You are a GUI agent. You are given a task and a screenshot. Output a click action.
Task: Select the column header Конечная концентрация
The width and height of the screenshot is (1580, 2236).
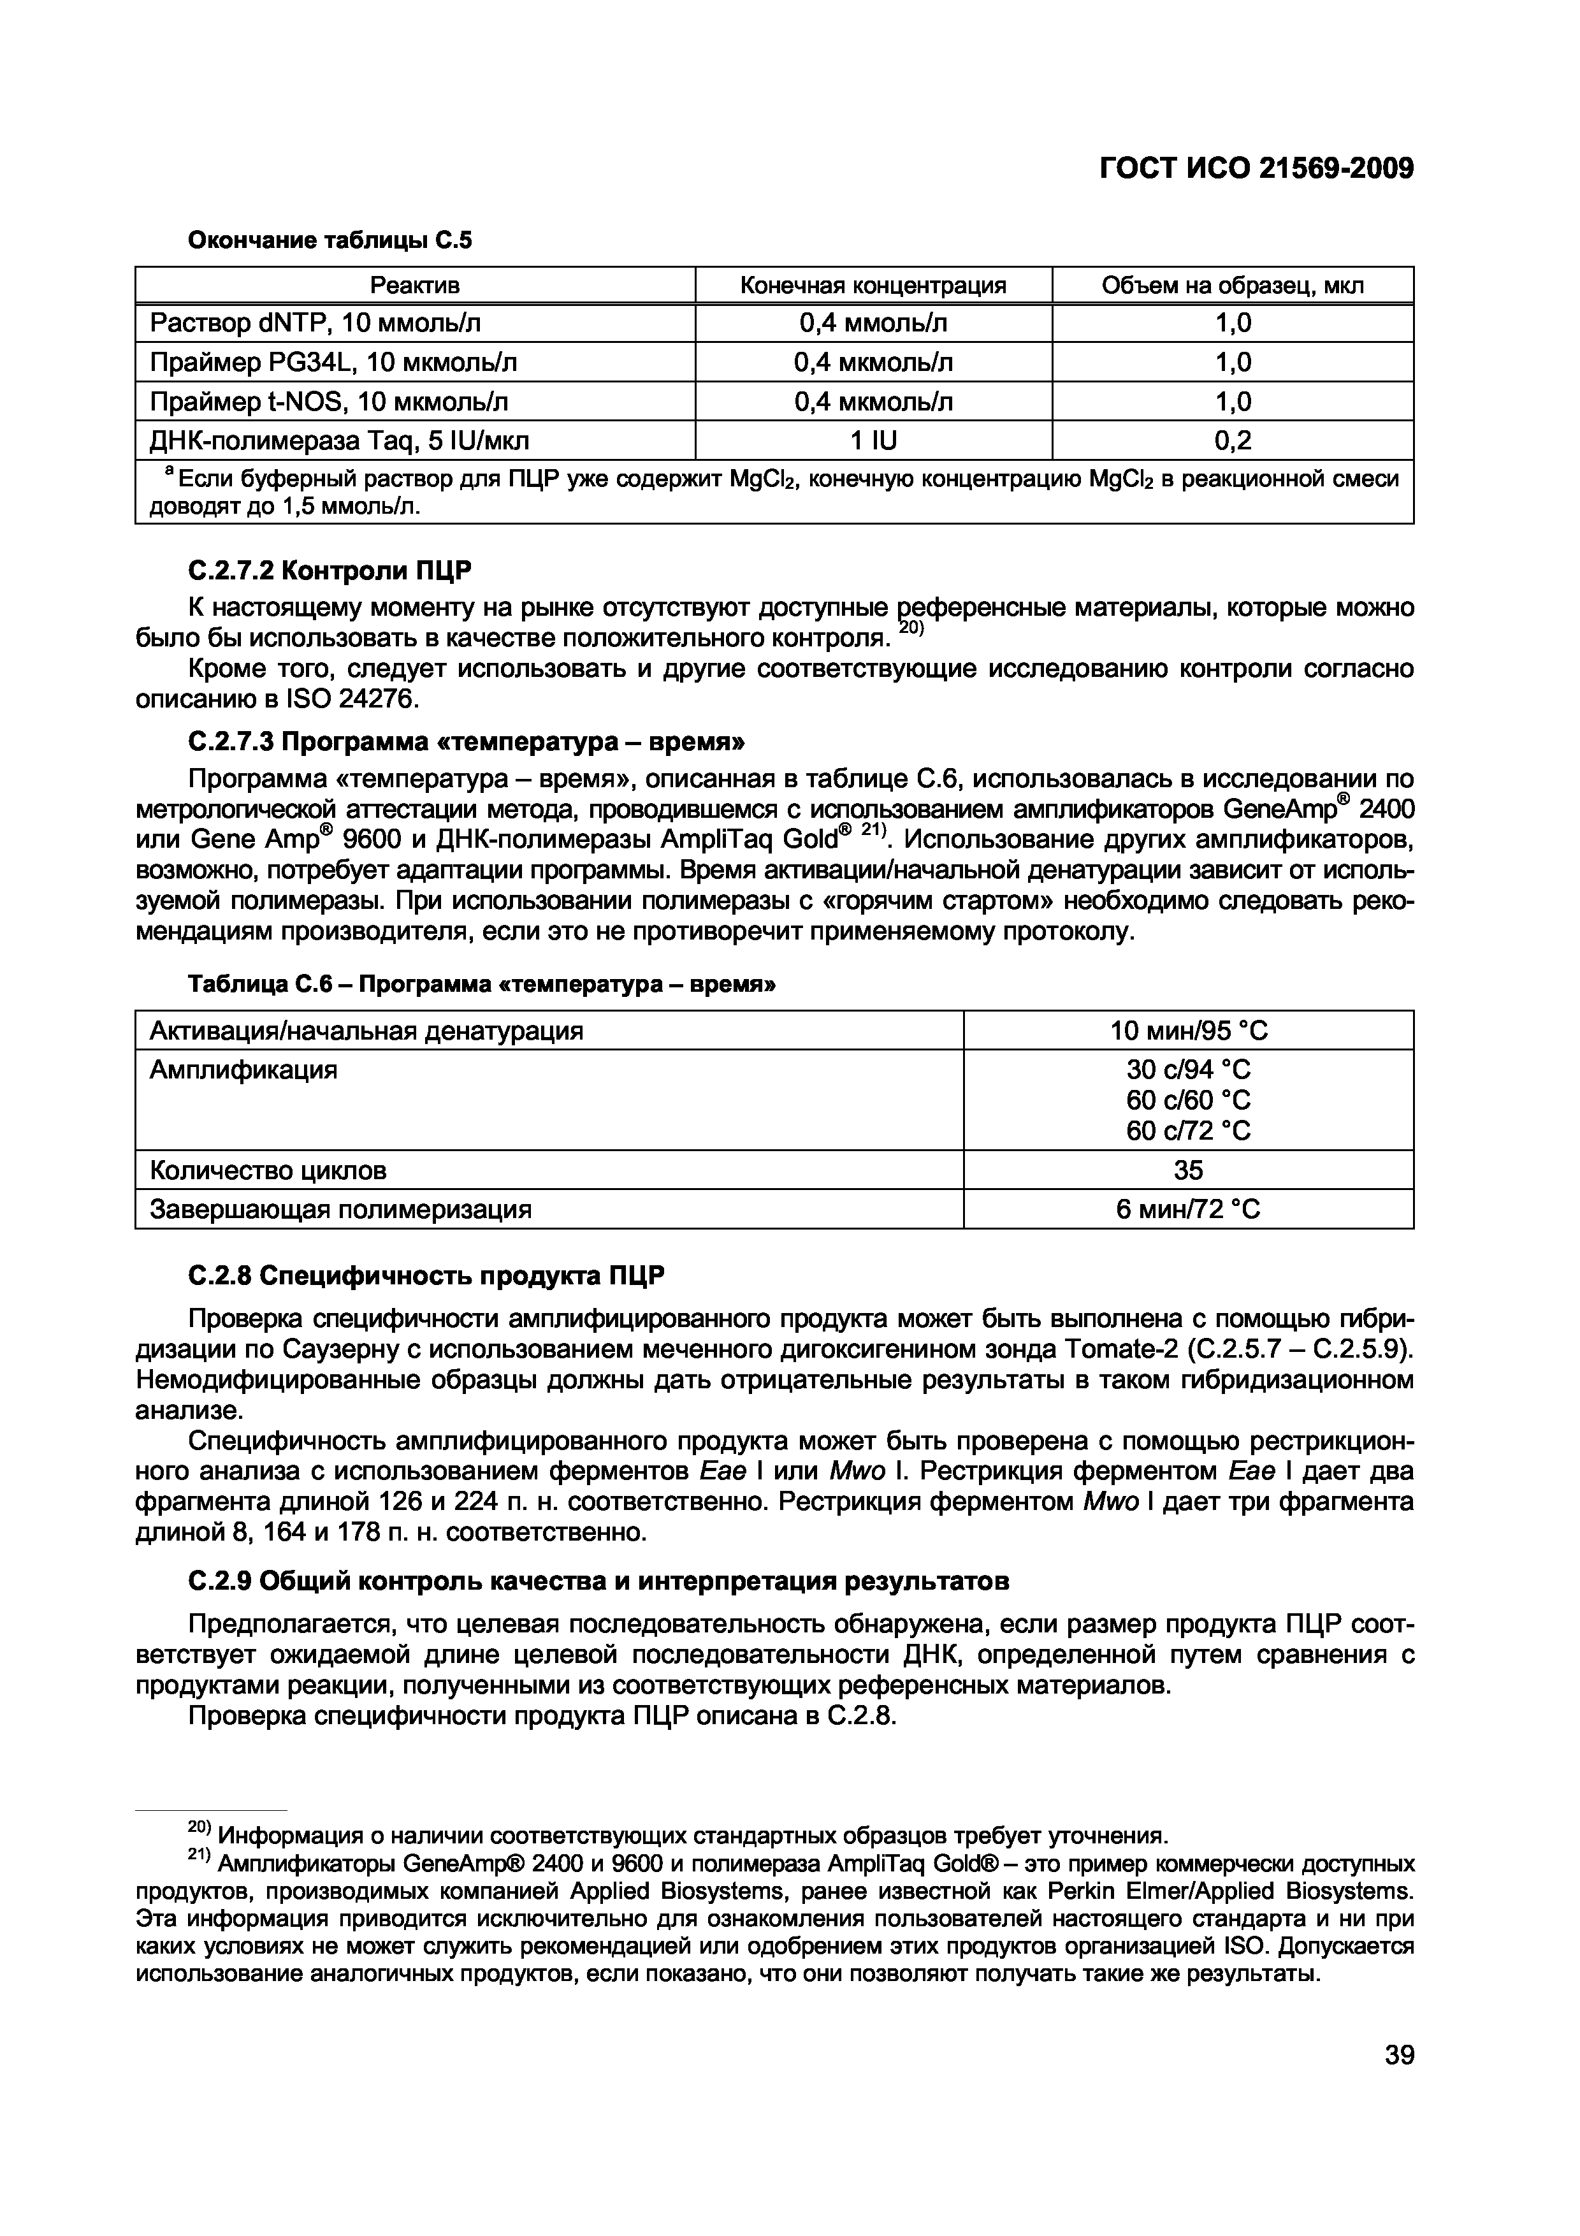[x=873, y=286]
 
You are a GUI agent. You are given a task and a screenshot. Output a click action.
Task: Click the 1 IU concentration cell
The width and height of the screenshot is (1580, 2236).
[x=873, y=441]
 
